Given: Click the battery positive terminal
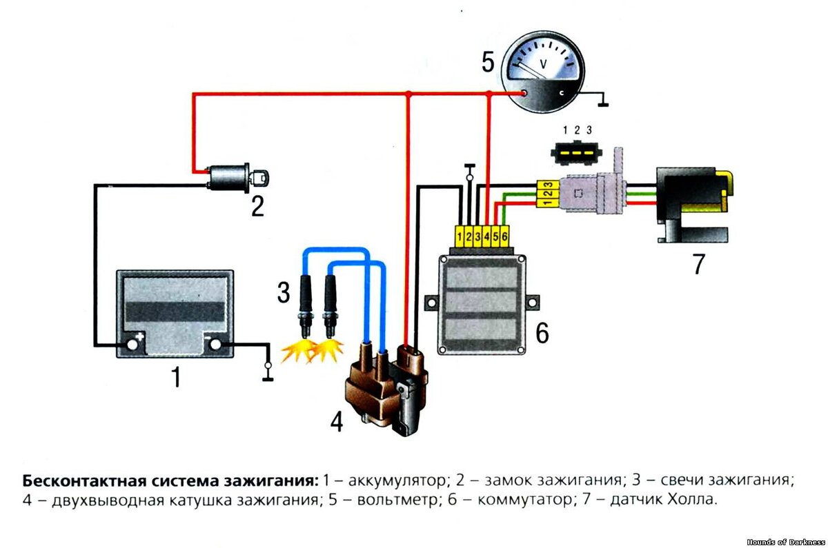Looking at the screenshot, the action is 132,345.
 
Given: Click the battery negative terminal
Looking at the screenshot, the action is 215,344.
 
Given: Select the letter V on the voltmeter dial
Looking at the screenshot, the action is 543,64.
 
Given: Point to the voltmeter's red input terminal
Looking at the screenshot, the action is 524,93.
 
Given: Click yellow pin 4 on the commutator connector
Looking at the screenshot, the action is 486,236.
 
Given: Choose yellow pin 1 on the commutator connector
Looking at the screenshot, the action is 460,236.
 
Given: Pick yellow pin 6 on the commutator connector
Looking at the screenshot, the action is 504,236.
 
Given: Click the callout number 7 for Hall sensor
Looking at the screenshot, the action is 698,264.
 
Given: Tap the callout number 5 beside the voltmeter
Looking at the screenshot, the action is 488,62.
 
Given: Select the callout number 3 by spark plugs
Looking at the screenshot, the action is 284,293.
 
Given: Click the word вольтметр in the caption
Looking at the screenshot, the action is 398,500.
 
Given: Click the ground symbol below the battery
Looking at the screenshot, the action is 268,372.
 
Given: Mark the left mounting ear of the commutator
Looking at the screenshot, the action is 431,303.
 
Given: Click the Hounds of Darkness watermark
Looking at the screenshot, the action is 785,542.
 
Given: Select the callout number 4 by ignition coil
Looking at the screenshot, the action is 337,422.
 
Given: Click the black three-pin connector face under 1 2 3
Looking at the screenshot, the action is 576,153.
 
